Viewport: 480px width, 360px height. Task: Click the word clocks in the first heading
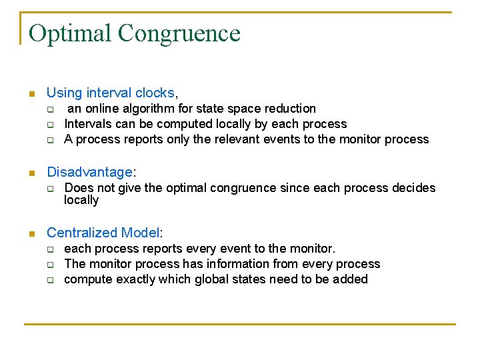[x=155, y=93]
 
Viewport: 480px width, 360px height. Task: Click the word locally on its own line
[x=81, y=200]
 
